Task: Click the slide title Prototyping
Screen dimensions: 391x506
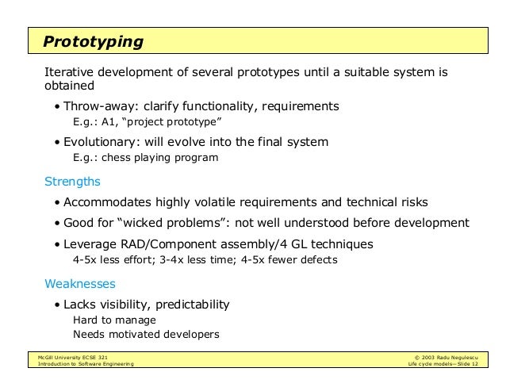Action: pyautogui.click(x=93, y=40)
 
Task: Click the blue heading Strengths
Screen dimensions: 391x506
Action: pyautogui.click(x=72, y=181)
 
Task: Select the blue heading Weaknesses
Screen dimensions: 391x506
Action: pyautogui.click(x=80, y=283)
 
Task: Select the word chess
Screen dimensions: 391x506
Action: pyautogui.click(x=118, y=157)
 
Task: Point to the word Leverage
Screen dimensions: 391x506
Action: pyautogui.click(x=90, y=243)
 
